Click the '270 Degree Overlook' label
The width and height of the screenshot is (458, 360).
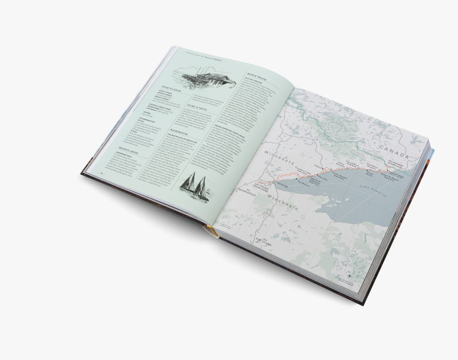[x=399, y=163]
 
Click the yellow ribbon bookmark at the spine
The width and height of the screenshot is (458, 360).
[x=209, y=231]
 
